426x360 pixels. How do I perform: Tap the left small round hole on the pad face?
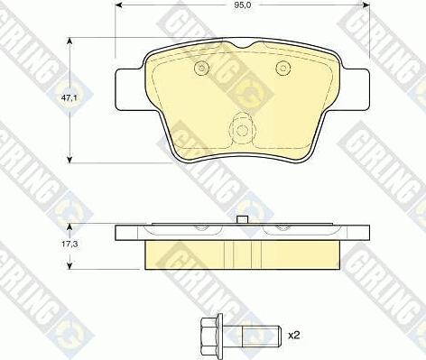[202, 68]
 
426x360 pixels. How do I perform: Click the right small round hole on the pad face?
[282, 67]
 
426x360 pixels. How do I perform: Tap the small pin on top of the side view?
[241, 220]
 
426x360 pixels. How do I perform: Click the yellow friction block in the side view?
[241, 255]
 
